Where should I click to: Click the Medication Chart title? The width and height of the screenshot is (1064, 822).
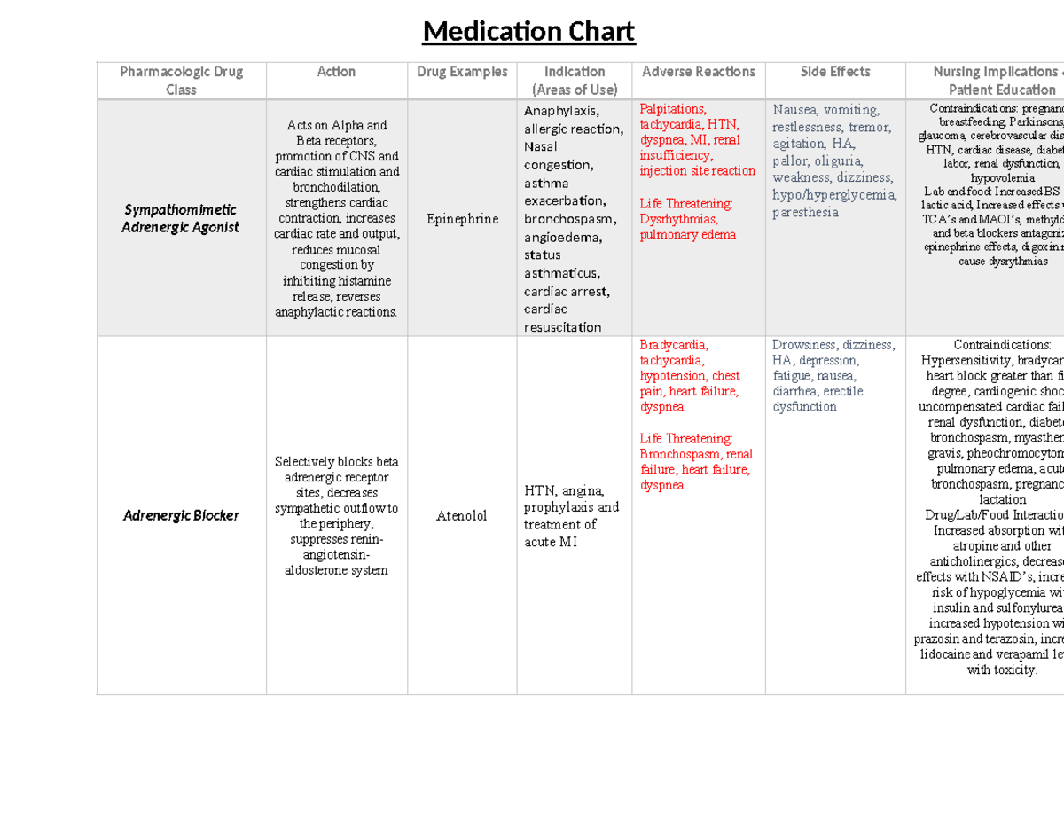pos(528,33)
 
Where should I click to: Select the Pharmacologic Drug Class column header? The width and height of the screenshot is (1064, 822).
pos(181,80)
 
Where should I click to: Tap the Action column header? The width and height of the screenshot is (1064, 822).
pos(336,72)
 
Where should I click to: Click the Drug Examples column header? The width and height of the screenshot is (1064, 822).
pos(462,72)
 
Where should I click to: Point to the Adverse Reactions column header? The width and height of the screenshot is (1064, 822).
pos(698,72)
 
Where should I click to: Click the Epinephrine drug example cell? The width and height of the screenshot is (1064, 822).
pos(462,219)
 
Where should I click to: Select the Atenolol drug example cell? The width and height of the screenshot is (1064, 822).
pos(462,516)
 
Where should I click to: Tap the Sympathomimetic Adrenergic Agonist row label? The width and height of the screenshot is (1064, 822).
pos(181,218)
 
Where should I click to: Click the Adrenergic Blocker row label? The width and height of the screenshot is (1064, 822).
pos(181,515)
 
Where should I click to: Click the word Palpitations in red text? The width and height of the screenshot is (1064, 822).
pos(673,109)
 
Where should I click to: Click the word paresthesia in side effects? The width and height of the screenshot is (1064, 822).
pos(805,213)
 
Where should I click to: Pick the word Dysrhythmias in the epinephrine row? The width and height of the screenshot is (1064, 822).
pos(678,219)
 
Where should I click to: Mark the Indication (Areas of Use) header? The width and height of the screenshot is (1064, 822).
pos(575,80)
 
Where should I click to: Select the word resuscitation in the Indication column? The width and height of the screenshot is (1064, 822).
pos(562,327)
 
